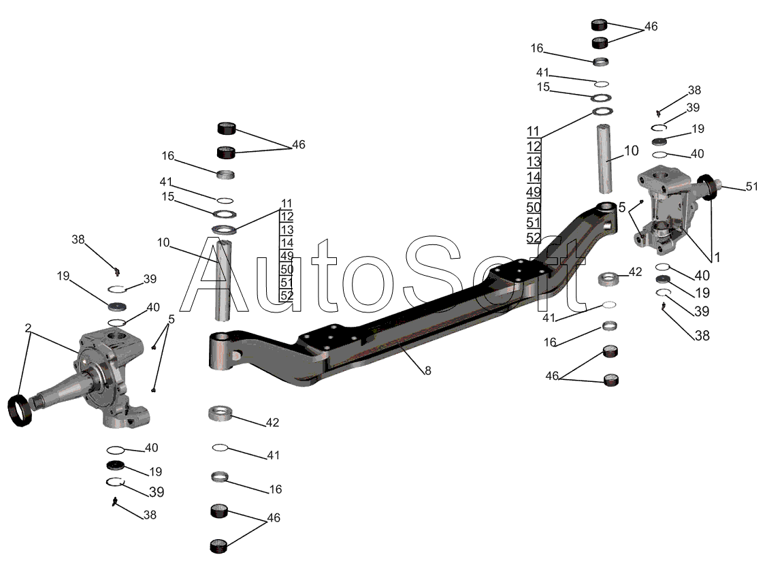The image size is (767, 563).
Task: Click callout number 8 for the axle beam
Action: [428, 371]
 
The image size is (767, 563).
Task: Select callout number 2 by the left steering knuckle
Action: [29, 327]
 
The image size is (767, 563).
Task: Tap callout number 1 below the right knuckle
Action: [717, 257]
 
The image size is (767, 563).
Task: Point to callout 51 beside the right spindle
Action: [752, 187]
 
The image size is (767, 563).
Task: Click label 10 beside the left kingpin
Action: [163, 242]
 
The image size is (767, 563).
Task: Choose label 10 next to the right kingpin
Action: [632, 150]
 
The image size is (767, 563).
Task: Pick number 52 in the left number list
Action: [287, 295]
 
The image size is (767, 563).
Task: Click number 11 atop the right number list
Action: [533, 131]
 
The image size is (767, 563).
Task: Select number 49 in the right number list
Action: [534, 192]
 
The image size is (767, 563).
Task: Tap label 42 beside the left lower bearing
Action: [272, 422]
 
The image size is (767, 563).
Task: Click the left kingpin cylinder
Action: [223, 280]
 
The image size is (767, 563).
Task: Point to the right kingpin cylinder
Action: [605, 159]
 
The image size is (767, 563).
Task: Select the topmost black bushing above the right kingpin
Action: [599, 25]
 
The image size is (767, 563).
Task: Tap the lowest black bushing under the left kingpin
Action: [218, 546]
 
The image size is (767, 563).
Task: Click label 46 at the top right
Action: [651, 27]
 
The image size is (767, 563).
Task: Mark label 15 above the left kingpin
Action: [168, 196]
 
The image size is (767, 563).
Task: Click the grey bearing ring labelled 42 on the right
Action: [608, 279]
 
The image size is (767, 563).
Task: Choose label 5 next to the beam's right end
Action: [622, 208]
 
